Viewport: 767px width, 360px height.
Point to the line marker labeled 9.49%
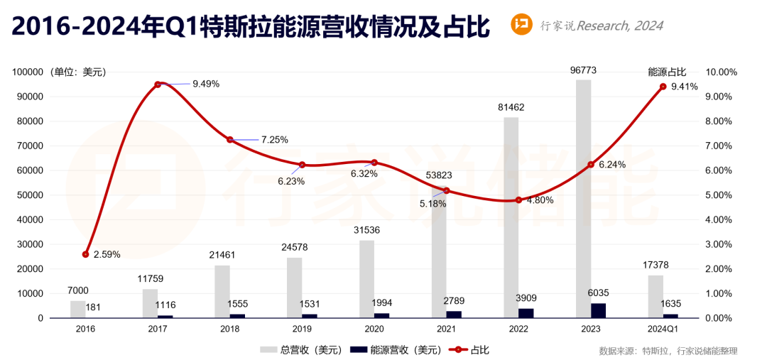pos(158,84)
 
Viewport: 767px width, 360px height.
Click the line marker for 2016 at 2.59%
pos(86,254)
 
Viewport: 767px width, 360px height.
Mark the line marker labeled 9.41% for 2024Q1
pos(663,87)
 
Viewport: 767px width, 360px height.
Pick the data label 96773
pos(584,70)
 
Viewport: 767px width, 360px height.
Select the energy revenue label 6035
pos(599,293)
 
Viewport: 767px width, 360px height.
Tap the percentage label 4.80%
pos(540,200)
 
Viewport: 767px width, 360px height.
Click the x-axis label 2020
pos(374,329)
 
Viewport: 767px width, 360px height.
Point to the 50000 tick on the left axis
pos(28,195)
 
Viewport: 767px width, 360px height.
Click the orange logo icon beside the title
pos(522,26)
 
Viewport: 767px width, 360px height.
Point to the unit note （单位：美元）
pos(77,72)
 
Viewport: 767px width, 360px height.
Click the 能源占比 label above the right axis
pos(668,72)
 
